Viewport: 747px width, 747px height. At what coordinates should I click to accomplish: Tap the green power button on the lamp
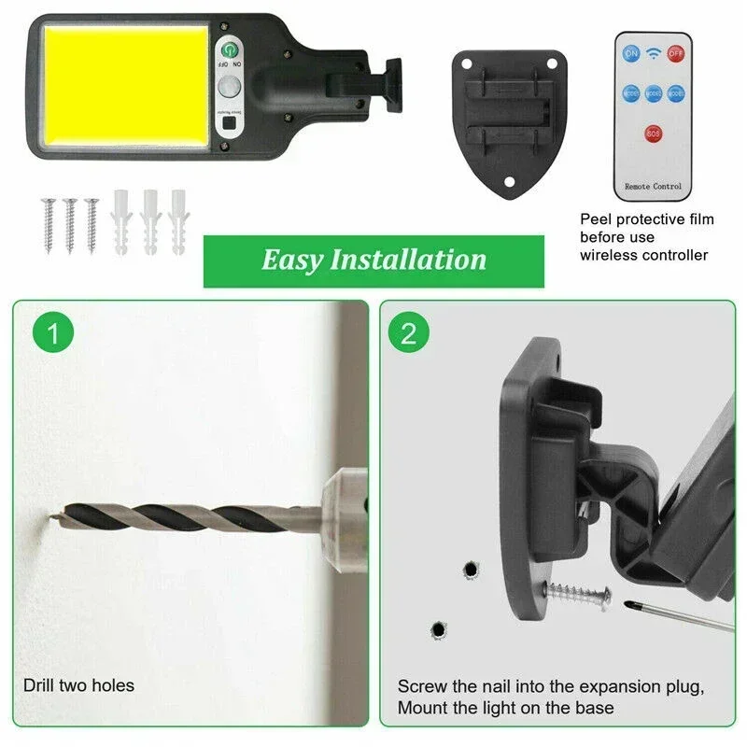tap(230, 52)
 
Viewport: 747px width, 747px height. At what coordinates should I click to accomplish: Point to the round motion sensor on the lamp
tap(230, 88)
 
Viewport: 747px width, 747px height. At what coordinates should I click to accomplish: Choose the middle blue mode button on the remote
tap(654, 93)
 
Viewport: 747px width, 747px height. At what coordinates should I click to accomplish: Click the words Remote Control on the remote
tap(654, 187)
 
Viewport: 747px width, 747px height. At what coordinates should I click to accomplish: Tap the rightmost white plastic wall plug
tap(177, 222)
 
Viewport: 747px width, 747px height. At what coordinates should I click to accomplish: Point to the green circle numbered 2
tap(408, 332)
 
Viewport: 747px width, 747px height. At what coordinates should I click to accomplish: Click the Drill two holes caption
tap(78, 685)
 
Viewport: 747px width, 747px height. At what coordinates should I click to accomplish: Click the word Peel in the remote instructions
tap(598, 219)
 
